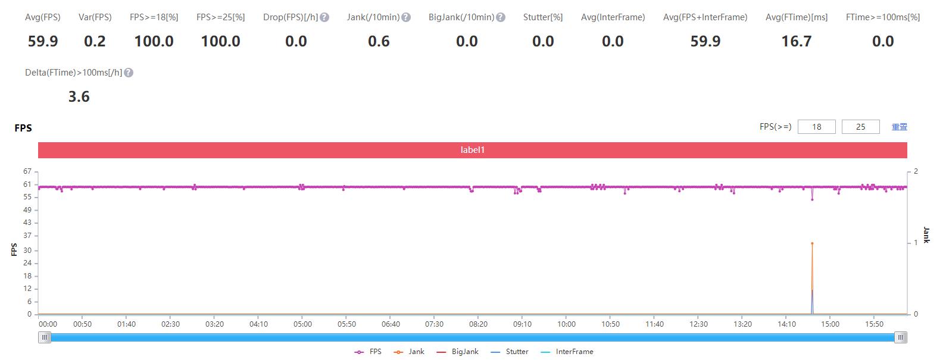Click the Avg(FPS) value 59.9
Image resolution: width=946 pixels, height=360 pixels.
43,41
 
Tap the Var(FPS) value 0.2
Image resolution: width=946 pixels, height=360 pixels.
95,41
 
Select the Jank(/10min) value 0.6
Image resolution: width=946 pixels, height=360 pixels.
379,41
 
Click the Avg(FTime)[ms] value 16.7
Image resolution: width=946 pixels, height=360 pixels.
796,41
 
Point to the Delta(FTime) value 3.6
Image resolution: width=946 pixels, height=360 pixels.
79,96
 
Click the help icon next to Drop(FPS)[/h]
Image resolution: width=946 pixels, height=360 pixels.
324,17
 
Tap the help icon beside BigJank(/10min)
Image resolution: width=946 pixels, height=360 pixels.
501,17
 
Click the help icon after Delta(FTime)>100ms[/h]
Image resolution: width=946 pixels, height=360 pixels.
129,73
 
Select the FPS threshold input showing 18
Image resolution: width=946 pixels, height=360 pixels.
816,127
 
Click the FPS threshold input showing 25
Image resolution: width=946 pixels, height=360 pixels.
860,127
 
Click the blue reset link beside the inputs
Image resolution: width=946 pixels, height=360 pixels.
899,127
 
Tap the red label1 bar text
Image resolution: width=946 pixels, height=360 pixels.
473,150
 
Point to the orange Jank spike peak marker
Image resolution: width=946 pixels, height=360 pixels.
812,243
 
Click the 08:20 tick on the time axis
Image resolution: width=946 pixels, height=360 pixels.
478,324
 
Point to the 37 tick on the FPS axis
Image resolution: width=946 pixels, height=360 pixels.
27,236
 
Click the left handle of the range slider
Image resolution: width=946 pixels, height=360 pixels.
45,337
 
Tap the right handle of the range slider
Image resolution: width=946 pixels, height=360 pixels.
901,337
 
